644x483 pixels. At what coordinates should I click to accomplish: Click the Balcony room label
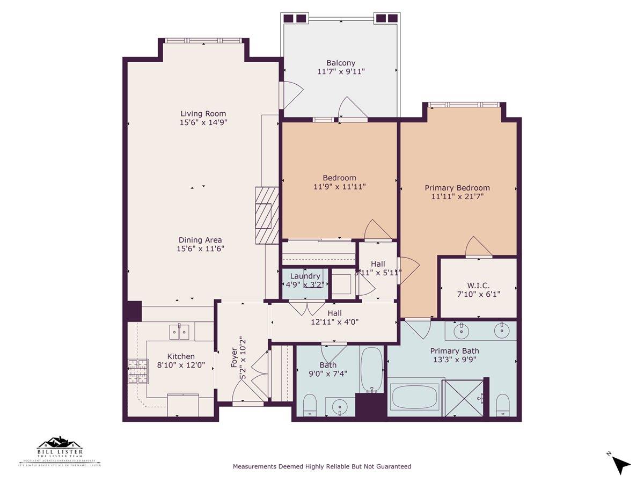pos(340,63)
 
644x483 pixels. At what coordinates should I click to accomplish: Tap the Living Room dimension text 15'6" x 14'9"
pos(203,122)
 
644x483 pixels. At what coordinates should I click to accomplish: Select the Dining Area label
pos(200,240)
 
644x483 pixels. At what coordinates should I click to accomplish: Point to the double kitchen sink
pos(179,332)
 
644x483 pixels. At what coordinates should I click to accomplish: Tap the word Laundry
pos(305,276)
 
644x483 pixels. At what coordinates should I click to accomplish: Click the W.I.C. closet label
pos(478,285)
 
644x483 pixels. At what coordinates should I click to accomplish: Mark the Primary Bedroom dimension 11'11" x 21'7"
pos(457,196)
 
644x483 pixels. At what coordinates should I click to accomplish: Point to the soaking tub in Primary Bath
pos(414,397)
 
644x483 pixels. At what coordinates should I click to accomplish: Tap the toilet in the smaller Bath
pos(310,405)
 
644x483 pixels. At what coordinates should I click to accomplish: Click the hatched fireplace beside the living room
pos(267,215)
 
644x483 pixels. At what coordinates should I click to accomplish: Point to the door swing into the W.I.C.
pos(479,247)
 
